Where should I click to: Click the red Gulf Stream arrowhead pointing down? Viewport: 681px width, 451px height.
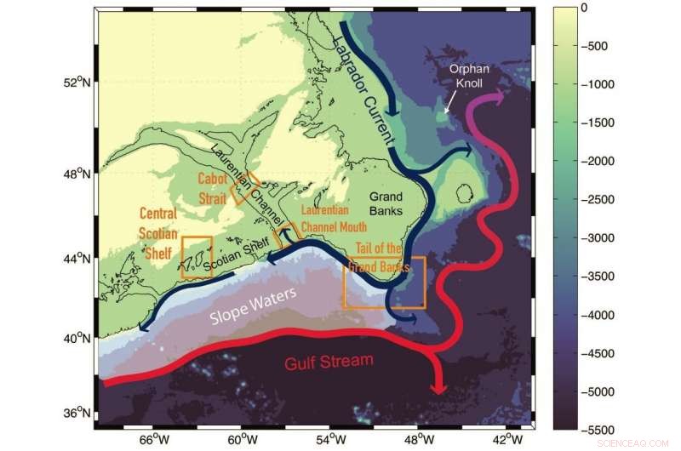click(x=439, y=387)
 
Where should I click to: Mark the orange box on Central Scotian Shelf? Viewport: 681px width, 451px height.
click(x=197, y=256)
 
